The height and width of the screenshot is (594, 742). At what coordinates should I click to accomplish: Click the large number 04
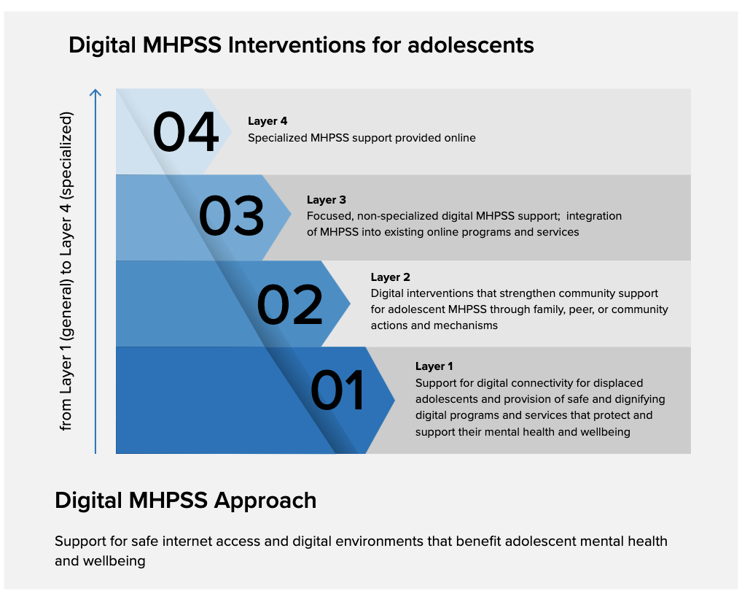pyautogui.click(x=185, y=132)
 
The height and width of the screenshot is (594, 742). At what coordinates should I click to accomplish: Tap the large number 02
pyautogui.click(x=289, y=304)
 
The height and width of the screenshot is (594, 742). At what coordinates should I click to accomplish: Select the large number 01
pyautogui.click(x=337, y=390)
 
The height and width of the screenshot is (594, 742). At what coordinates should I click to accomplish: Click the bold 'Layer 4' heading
pyautogui.click(x=267, y=121)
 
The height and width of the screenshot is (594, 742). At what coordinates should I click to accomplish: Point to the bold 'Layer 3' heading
pyautogui.click(x=327, y=200)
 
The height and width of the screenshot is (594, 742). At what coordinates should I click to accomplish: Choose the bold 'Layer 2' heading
pyautogui.click(x=391, y=277)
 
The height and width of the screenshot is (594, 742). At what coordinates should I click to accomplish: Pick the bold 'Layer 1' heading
pyautogui.click(x=434, y=366)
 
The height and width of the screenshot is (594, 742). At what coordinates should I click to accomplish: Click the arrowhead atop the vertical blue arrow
pyautogui.click(x=95, y=93)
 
